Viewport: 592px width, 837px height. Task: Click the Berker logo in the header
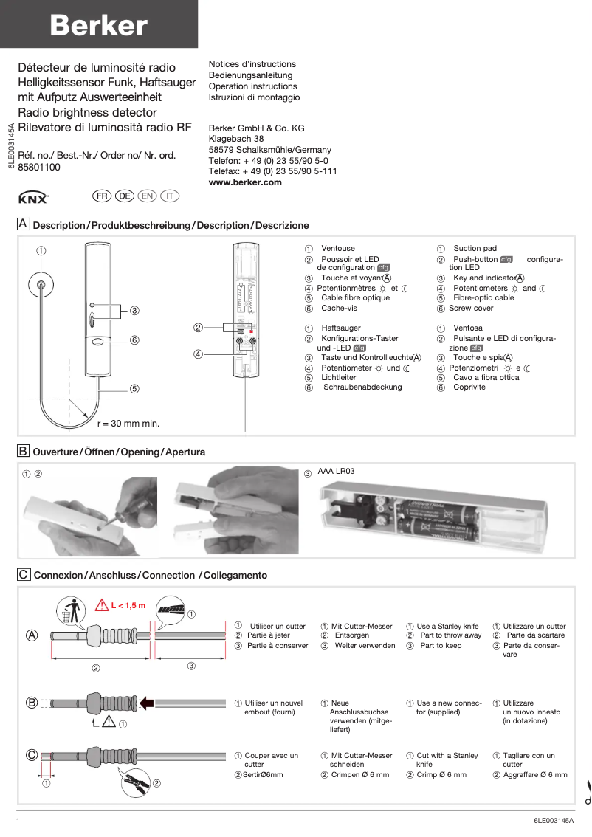[x=98, y=27]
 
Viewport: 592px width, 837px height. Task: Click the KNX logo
[x=32, y=198]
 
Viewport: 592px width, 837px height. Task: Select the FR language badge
[x=101, y=196]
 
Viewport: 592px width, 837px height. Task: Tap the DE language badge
[x=124, y=196]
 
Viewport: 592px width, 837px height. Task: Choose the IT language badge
[x=170, y=196]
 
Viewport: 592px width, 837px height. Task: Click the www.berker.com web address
[x=245, y=182]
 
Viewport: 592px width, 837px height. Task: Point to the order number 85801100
[x=39, y=168]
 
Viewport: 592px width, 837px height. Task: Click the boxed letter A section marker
[x=24, y=224]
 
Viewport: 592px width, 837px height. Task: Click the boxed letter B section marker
[x=24, y=450]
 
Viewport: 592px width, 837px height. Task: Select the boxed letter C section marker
[x=24, y=573]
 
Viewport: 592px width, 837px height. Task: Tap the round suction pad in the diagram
[x=41, y=285]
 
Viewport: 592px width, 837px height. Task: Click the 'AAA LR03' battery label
[x=337, y=471]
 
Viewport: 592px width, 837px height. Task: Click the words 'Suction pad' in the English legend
[x=475, y=249]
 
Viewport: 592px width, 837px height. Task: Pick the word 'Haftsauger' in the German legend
[x=341, y=328]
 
